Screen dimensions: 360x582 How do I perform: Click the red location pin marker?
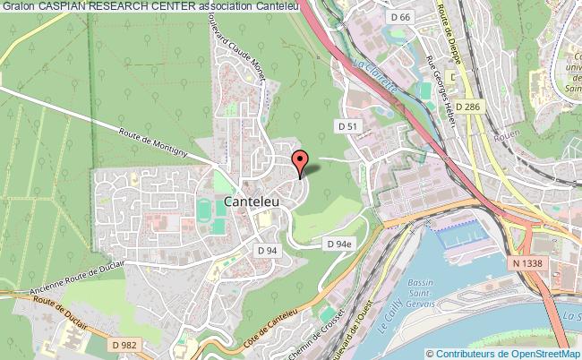point(299,161)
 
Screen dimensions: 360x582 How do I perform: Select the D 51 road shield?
point(347,127)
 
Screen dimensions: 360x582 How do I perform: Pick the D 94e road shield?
point(338,244)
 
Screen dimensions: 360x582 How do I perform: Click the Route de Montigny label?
point(153,142)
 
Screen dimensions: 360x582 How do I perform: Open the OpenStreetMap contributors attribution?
point(505,352)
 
